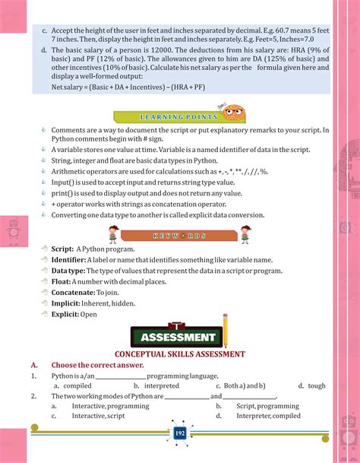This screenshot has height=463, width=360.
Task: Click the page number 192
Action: tap(180, 433)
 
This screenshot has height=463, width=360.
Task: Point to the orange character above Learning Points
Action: tap(230, 110)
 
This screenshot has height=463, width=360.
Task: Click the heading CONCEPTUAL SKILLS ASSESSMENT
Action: tap(180, 354)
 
